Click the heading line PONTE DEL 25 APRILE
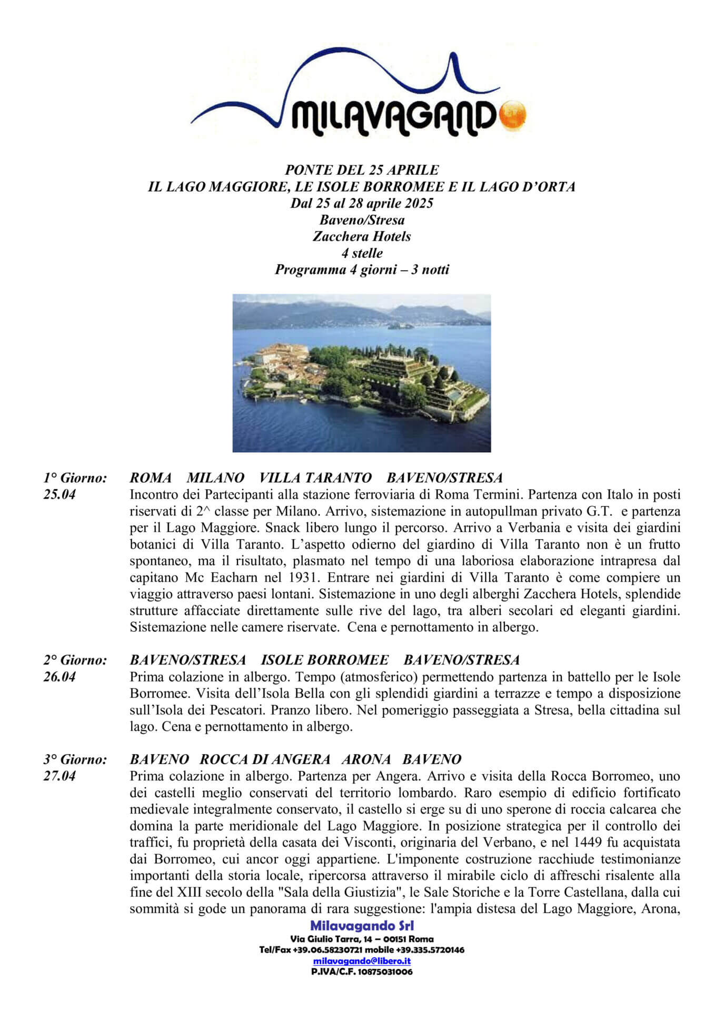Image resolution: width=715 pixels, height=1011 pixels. (361, 170)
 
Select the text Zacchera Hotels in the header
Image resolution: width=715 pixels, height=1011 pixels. (361, 236)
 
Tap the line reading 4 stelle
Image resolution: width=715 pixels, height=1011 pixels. (361, 253)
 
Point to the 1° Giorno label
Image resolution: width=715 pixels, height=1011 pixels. (75, 478)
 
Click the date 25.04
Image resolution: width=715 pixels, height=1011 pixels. (59, 495)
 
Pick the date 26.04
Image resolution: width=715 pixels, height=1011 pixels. (59, 677)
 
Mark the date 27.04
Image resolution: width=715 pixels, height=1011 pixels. (59, 776)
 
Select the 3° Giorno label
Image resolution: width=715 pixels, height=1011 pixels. (75, 759)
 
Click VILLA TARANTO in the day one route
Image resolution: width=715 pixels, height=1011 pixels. (315, 478)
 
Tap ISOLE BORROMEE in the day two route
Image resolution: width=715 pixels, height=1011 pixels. (325, 660)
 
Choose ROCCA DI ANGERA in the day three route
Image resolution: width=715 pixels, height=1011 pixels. (265, 759)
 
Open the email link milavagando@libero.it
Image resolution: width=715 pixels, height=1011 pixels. (361, 961)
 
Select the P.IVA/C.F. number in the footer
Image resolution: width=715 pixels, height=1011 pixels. (361, 972)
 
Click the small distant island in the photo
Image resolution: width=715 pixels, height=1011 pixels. (400, 326)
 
